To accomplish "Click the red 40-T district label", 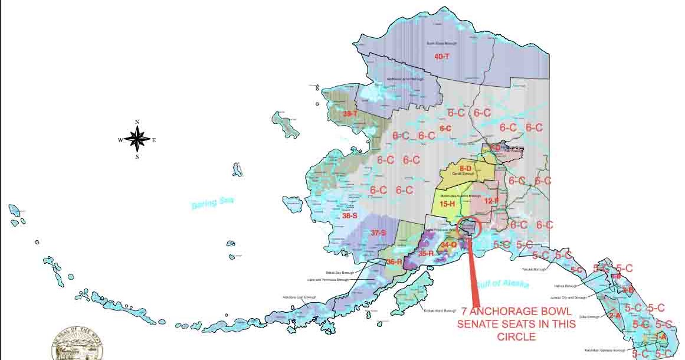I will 442,57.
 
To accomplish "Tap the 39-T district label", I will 350,113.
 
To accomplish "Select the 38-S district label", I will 350,216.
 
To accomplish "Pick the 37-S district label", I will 378,233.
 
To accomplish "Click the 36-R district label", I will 394,261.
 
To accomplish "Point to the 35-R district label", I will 426,253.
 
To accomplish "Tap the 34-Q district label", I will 449,244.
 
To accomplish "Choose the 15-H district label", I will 448,204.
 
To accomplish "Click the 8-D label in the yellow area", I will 466,169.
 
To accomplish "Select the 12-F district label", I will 491,201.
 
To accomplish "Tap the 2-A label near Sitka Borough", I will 614,316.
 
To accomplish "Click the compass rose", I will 137,140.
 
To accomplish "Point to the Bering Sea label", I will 212,203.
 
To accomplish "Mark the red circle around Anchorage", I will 470,228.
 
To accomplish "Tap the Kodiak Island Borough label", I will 440,310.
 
